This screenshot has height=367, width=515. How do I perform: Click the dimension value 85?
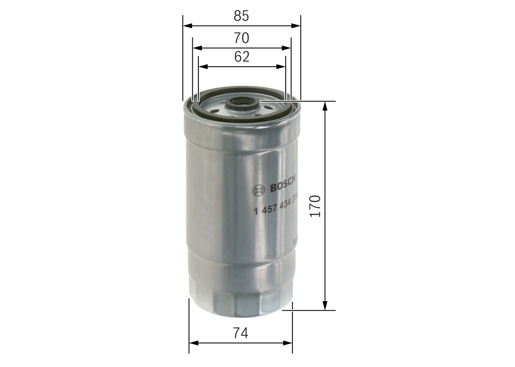241,16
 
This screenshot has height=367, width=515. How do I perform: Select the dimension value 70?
241,38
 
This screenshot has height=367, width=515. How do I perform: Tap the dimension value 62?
241,57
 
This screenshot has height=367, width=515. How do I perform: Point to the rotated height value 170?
315,206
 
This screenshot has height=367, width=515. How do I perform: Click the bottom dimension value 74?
241,333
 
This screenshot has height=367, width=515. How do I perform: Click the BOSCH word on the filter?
282,185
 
